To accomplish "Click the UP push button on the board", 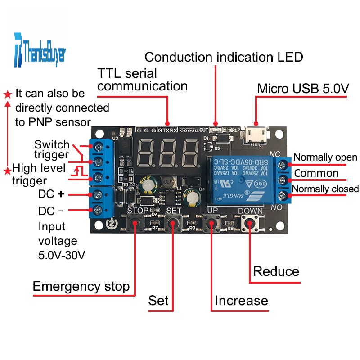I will (210, 222).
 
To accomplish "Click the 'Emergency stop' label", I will (81, 286).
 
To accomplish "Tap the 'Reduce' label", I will (276, 271).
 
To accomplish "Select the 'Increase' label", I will (241, 300).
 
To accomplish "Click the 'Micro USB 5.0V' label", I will (303, 89).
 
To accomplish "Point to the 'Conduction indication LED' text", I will (224, 57).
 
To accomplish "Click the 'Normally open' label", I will (325, 157).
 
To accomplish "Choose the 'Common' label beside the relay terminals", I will (316, 173).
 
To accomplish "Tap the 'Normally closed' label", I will (325, 189).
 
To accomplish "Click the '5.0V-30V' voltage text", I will (62, 255).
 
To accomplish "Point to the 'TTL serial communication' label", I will (142, 79).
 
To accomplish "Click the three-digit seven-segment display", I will (167, 153).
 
